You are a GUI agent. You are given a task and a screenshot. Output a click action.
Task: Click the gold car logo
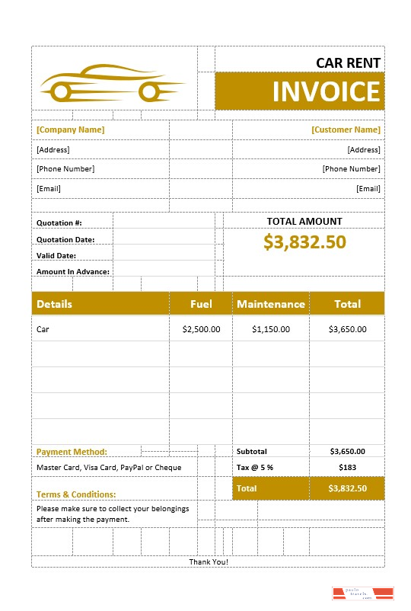click(x=113, y=83)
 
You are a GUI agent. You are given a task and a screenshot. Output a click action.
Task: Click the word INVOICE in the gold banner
click(x=326, y=91)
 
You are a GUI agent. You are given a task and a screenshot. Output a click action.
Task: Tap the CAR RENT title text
click(x=349, y=62)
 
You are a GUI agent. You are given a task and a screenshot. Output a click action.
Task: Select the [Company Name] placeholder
click(x=71, y=130)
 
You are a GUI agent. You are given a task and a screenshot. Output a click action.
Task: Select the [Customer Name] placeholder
click(x=346, y=130)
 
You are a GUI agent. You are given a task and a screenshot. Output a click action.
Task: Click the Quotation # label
click(x=59, y=222)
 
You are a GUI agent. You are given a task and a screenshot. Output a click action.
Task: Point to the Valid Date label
click(x=56, y=255)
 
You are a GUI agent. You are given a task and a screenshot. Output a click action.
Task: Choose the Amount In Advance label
click(x=73, y=271)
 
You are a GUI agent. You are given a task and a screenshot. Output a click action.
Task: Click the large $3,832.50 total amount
click(x=304, y=242)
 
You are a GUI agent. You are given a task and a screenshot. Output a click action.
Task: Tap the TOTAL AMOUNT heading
click(x=304, y=221)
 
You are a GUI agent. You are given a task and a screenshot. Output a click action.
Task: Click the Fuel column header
click(x=201, y=304)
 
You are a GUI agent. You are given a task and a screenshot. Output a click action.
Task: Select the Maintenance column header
click(x=271, y=304)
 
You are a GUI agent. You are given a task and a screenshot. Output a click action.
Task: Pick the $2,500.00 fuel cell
click(x=202, y=329)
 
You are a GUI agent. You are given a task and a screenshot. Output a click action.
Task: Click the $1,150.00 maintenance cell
click(x=271, y=329)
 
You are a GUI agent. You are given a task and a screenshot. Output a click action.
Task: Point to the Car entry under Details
click(x=43, y=329)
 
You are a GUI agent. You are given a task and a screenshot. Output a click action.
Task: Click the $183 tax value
click(x=347, y=467)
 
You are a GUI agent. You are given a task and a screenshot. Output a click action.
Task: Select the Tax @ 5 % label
click(x=255, y=467)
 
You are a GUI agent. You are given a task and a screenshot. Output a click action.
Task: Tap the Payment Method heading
click(x=72, y=452)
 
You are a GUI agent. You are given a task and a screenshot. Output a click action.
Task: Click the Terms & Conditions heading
click(x=76, y=494)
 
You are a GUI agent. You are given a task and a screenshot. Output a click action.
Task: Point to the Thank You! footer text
click(x=209, y=562)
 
